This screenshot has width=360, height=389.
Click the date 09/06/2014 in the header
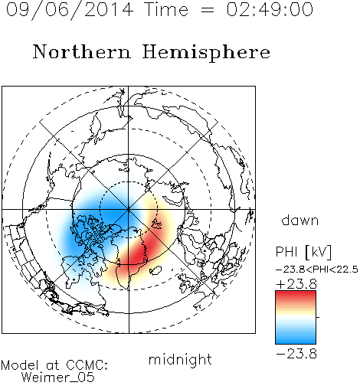70,10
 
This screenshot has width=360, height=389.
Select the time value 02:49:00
270,9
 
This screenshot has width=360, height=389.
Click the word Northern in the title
82,51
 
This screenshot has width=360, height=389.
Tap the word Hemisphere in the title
206,53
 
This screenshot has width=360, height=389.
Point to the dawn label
300,220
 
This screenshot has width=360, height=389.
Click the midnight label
180,360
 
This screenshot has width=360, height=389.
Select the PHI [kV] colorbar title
304,252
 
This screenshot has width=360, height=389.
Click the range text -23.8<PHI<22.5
317,270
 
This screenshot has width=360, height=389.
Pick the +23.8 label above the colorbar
296,284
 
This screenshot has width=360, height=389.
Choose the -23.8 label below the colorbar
296,354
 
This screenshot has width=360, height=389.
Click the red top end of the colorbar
296,293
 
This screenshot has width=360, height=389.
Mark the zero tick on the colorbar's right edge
318,317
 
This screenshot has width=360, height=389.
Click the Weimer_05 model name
58,378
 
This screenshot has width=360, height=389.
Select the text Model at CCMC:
54,365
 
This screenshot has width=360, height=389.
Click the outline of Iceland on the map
155,270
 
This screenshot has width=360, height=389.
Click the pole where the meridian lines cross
129,210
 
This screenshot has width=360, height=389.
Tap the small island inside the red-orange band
156,224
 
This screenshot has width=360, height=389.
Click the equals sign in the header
208,10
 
